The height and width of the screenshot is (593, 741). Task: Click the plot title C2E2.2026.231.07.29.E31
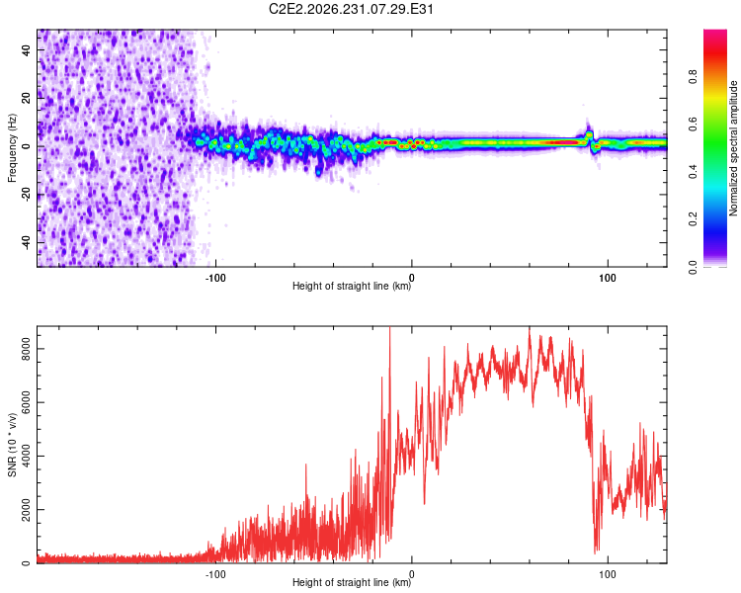[351, 9]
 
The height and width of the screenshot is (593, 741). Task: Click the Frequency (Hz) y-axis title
[12, 148]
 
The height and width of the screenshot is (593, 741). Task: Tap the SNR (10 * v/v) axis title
[12, 445]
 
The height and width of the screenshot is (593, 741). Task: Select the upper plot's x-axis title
[352, 286]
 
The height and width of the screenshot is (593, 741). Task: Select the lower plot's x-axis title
[352, 582]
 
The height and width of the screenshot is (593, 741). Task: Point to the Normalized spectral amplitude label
[733, 148]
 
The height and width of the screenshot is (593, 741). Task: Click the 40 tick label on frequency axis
[26, 50]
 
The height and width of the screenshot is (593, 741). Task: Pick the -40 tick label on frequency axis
[26, 241]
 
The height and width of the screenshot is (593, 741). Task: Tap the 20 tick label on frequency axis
[26, 99]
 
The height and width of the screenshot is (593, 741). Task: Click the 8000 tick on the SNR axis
[26, 349]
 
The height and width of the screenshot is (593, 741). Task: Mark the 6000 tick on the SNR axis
[26, 402]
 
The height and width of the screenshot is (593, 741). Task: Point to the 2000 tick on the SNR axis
[26, 510]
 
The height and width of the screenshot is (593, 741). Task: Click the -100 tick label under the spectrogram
[215, 278]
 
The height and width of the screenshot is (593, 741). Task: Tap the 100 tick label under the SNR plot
[608, 574]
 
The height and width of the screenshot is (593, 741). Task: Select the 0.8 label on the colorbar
[693, 77]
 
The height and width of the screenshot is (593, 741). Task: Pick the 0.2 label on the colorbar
[693, 219]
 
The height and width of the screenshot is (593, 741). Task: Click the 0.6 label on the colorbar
[693, 125]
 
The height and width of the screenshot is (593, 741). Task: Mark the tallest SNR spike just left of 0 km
[390, 331]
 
